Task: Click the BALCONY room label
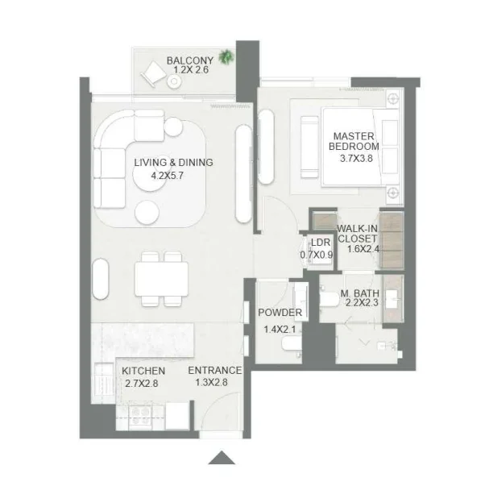pyautogui.click(x=189, y=60)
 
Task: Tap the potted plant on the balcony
pyautogui.click(x=227, y=56)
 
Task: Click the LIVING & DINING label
pyautogui.click(x=173, y=162)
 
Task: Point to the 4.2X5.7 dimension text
pyautogui.click(x=173, y=175)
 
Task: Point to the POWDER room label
pyautogui.click(x=280, y=313)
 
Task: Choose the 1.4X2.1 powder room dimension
pyautogui.click(x=280, y=329)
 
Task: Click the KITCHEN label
pyautogui.click(x=143, y=371)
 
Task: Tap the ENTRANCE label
pyautogui.click(x=214, y=371)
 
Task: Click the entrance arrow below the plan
pyautogui.click(x=220, y=459)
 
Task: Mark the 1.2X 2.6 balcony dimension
pyautogui.click(x=189, y=72)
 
